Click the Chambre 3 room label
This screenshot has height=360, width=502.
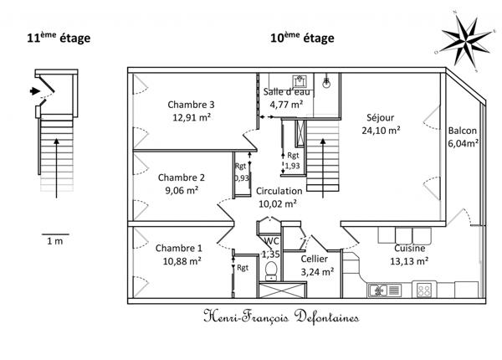click(x=192, y=105)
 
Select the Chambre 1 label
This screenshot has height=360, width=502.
click(x=178, y=248)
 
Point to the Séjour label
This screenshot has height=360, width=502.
click(x=380, y=117)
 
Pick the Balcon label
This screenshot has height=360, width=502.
click(x=463, y=131)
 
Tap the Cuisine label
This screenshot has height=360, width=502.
click(x=410, y=249)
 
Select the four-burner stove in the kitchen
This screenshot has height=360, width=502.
click(x=423, y=290)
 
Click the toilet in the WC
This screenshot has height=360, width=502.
click(x=270, y=270)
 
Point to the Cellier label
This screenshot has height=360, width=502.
click(x=316, y=259)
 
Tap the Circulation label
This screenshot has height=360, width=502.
click(x=279, y=191)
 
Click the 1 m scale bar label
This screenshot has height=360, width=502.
click(x=55, y=241)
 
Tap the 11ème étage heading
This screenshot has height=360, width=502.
click(x=58, y=38)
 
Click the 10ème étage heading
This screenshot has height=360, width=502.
click(x=301, y=38)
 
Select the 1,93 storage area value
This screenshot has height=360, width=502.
click(x=292, y=167)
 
